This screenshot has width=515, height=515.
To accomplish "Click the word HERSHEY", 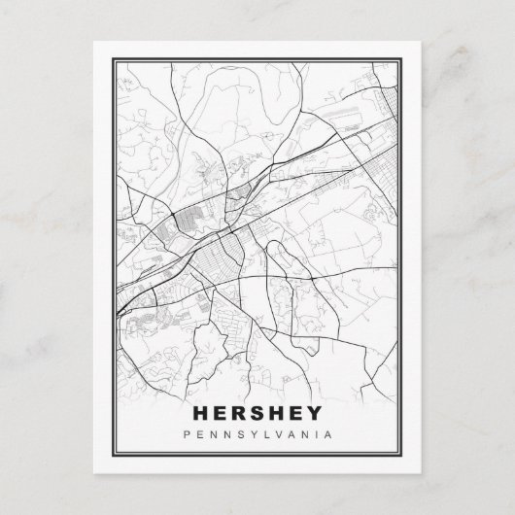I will [257, 413].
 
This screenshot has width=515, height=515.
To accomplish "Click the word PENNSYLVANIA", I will [257, 434].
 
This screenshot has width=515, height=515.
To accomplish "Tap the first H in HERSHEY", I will [201, 413].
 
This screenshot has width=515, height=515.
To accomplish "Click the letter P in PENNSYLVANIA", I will [187, 434].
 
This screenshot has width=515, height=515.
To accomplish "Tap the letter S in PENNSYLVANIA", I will [239, 434].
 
